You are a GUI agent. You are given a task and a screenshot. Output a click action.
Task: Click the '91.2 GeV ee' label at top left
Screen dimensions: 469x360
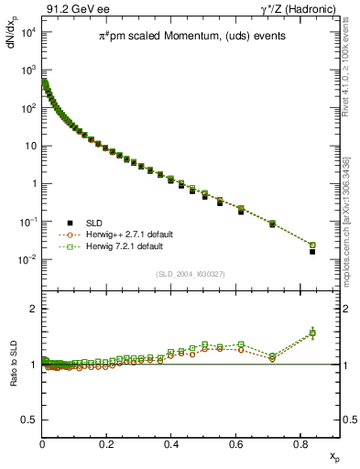click(75, 10)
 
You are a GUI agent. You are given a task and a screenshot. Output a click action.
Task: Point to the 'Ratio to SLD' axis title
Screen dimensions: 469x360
click(15, 376)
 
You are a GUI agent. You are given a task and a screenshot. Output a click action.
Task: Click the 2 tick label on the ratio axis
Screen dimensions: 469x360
click(32, 309)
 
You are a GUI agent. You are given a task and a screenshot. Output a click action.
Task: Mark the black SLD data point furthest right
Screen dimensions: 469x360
click(312, 251)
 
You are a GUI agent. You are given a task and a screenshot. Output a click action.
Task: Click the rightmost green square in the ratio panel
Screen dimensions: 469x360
click(312, 333)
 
